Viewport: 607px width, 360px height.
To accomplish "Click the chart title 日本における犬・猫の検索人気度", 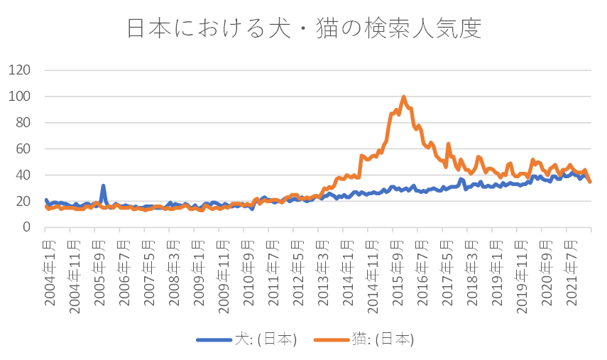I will click(x=304, y=28).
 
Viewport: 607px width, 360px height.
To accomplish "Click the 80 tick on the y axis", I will click(x=23, y=122).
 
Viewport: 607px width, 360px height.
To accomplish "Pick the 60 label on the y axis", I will click(x=23, y=148).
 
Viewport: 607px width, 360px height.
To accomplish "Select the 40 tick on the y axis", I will click(x=23, y=175).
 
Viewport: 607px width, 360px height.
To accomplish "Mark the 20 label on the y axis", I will click(x=23, y=201).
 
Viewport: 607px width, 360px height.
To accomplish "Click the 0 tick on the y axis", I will click(x=26, y=227).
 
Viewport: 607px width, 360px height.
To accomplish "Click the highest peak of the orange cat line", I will click(x=403, y=97).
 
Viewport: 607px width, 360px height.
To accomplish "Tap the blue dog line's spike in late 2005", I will click(x=103, y=186).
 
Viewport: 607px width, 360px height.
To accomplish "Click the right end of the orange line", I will click(x=590, y=182).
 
